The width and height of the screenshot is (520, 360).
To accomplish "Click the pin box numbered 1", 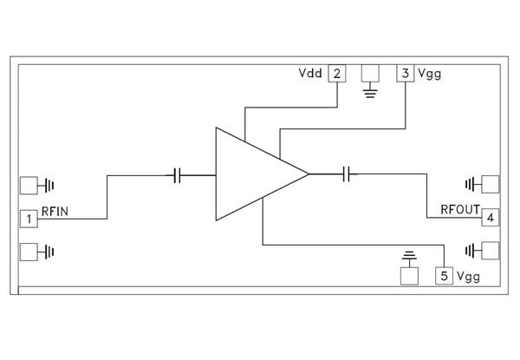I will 29,219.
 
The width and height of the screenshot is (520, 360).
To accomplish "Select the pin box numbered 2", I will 336,73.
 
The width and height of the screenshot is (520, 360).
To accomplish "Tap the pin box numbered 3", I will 405,73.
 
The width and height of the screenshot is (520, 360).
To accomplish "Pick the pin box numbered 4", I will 491,217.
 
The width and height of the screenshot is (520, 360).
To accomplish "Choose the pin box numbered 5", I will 444,277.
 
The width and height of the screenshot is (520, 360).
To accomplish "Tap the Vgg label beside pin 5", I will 469,277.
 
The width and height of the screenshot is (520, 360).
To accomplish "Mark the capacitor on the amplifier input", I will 177,175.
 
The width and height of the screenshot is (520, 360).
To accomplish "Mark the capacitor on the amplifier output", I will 348,174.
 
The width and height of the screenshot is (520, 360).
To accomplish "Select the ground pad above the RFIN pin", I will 29,185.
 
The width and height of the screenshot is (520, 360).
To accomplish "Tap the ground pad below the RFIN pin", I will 29,252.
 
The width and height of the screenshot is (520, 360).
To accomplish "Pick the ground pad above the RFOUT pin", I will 491,184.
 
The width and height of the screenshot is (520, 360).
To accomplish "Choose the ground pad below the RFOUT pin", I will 491,251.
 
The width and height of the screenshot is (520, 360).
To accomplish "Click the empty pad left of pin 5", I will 409,277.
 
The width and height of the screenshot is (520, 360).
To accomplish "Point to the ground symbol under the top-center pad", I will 370,91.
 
